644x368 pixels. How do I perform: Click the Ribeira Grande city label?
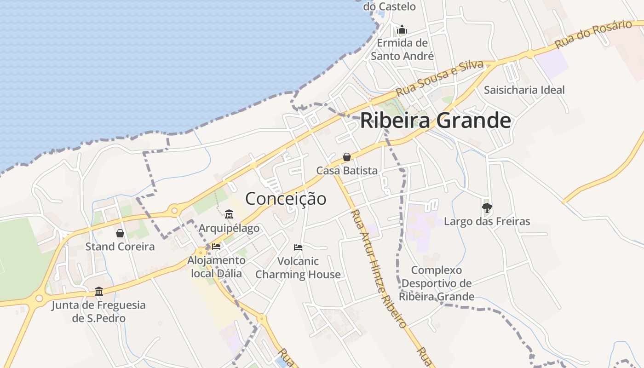[x=435, y=121]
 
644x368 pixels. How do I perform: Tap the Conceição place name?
[x=286, y=199]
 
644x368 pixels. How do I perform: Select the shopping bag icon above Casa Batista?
[x=347, y=157]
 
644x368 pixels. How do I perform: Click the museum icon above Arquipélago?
[x=229, y=214]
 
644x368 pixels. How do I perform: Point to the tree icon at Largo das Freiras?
[x=487, y=208]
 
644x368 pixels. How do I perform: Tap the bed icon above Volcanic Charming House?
[x=298, y=247]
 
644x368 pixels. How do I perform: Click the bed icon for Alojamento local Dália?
[x=216, y=247]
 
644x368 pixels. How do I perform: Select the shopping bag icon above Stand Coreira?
[x=120, y=233]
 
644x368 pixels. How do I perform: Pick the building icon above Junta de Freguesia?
[x=99, y=291]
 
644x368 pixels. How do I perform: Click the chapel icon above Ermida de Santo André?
[x=402, y=30]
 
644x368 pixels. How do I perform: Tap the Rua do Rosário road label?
[x=593, y=34]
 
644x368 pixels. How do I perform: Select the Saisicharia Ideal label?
[x=524, y=90]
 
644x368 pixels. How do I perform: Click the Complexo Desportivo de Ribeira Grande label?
[x=436, y=283]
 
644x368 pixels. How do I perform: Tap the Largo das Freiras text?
[x=487, y=222]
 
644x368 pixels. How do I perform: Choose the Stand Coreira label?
[x=120, y=247]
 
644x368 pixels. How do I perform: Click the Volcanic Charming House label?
[x=298, y=268]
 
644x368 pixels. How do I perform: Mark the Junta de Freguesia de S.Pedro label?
[x=98, y=311]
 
